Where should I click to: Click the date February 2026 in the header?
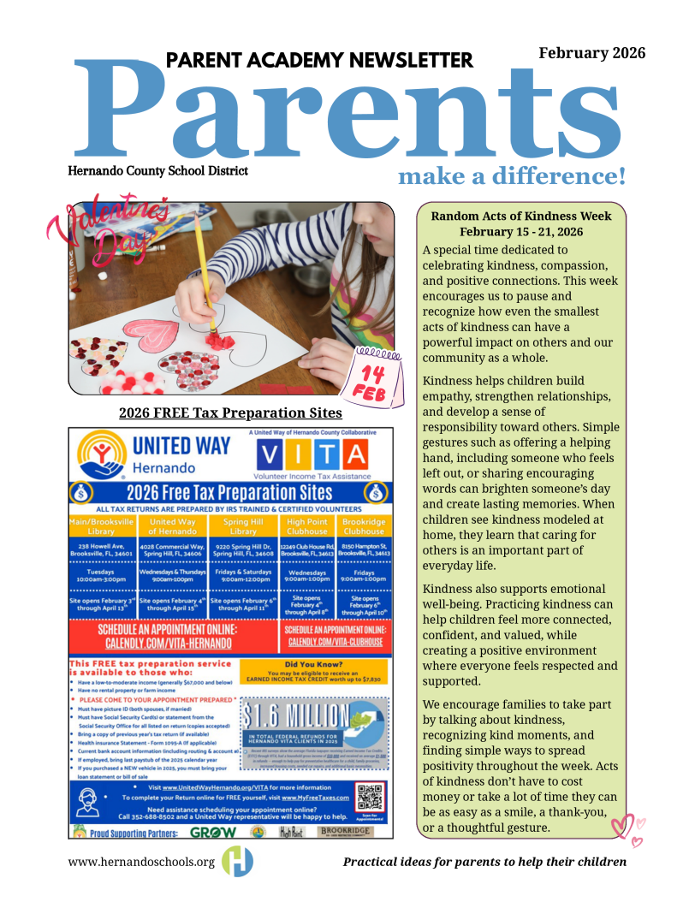pos(591,53)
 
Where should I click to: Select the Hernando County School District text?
pos(158,171)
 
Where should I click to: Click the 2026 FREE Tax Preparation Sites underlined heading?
pos(230,413)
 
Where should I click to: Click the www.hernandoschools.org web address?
pos(141,861)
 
